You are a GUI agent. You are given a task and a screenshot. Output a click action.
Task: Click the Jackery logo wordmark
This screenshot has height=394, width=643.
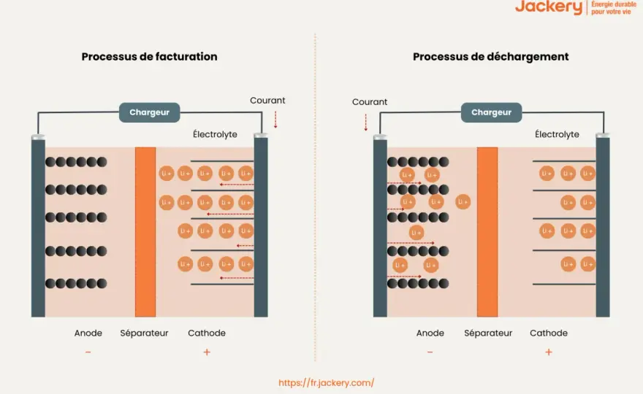(549, 7)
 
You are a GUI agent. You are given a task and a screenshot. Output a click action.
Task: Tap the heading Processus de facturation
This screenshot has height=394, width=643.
(149, 56)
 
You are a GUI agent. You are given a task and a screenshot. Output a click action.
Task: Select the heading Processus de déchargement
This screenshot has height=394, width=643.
(490, 57)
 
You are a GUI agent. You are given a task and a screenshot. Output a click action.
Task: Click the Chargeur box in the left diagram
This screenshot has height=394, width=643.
(149, 112)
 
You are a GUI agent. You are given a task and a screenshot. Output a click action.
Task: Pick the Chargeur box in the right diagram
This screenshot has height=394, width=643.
(491, 112)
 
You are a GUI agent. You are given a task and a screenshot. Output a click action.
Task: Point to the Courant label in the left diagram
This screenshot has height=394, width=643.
(267, 101)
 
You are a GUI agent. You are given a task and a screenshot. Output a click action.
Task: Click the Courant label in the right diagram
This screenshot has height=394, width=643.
(370, 102)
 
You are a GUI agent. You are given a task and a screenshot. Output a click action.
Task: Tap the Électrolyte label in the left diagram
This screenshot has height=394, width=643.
(215, 134)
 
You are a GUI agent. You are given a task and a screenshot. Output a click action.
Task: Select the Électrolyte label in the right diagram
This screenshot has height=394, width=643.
(557, 134)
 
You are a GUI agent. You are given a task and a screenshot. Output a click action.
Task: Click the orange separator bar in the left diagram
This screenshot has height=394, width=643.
(145, 232)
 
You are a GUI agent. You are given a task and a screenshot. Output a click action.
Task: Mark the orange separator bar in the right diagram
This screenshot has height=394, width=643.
(487, 232)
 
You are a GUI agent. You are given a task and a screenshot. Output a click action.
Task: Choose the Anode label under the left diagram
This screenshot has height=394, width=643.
(88, 333)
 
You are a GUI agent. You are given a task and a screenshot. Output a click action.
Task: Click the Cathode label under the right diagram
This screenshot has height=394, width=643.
(549, 333)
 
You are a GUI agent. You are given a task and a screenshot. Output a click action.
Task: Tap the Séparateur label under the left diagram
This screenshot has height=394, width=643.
(145, 333)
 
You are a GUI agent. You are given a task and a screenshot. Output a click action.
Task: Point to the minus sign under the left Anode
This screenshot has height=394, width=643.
(88, 352)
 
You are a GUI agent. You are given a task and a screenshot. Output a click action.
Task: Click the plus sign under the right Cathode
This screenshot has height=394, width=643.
(549, 352)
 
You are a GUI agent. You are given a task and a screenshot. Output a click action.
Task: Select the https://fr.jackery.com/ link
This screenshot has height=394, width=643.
(327, 383)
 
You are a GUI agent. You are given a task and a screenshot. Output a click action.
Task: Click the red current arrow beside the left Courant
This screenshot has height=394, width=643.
(275, 120)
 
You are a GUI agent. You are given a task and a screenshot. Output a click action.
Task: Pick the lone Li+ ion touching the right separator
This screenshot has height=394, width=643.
(463, 202)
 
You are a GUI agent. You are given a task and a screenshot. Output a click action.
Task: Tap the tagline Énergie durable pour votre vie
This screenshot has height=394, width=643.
(614, 8)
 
